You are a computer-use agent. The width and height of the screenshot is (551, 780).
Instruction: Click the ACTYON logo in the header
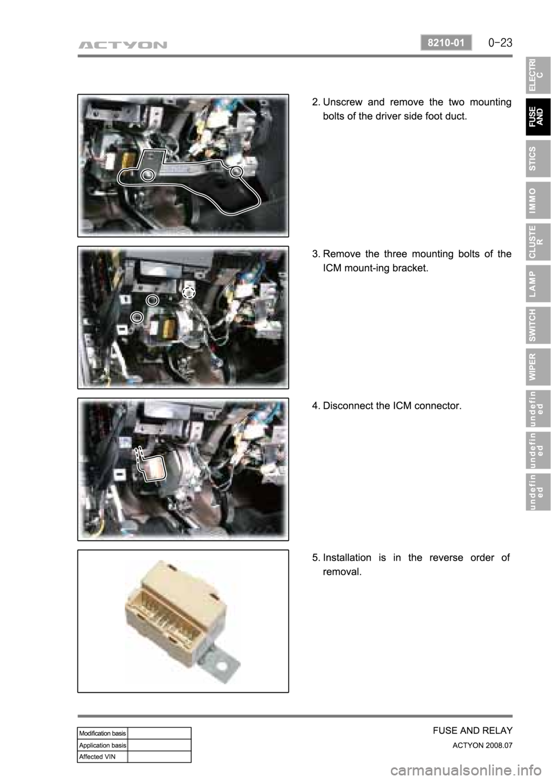coord(122,45)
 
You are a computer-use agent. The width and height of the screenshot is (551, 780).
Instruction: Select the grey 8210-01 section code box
coord(446,43)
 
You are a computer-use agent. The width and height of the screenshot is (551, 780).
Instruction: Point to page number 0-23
coord(500,43)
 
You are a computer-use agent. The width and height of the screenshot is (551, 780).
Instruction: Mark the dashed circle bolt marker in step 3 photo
coord(189,293)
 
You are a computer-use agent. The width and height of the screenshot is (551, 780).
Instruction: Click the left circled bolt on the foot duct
coord(148,175)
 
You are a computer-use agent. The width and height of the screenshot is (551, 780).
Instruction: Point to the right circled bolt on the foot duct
coord(236,171)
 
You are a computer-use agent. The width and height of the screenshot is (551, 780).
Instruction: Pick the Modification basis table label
coord(102,733)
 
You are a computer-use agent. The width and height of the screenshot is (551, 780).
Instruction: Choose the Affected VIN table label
coord(98,756)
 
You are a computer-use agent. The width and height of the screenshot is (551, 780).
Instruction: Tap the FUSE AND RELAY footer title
coord(472,731)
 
